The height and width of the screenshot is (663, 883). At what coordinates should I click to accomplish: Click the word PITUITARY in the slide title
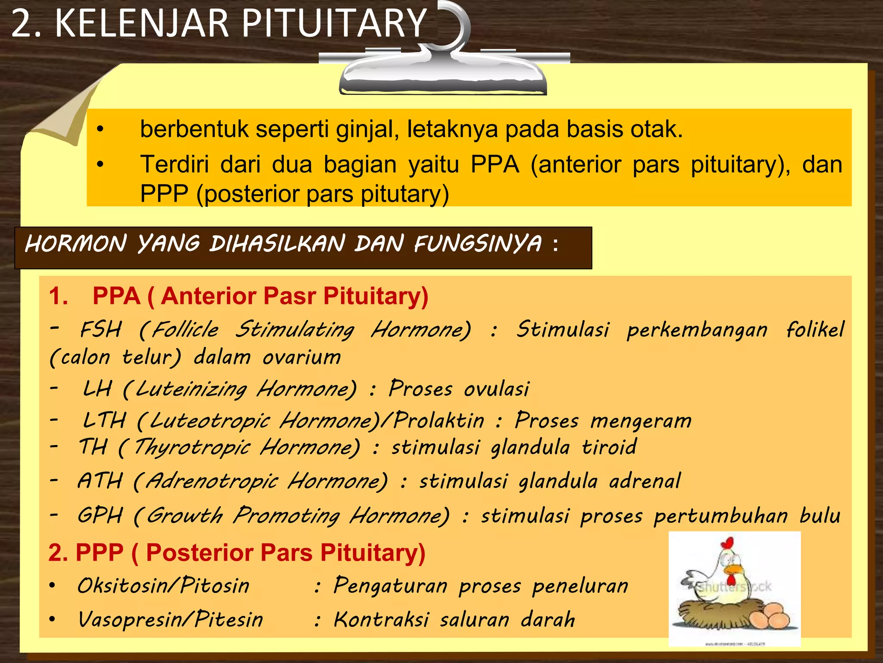click(x=334, y=24)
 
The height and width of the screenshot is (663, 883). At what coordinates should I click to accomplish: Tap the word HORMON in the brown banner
click(x=76, y=244)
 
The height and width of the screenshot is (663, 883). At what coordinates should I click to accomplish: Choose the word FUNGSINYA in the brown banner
click(x=478, y=244)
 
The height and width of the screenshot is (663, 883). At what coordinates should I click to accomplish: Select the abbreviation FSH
click(x=101, y=330)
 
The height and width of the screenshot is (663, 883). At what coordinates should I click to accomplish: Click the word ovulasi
click(x=497, y=388)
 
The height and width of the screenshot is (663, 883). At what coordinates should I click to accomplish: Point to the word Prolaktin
click(x=439, y=420)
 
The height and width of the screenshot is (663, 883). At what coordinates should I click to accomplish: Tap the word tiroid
click(x=609, y=447)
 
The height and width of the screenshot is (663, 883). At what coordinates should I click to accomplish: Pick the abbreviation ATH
click(x=100, y=481)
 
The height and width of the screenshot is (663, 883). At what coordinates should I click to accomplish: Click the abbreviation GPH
click(x=100, y=515)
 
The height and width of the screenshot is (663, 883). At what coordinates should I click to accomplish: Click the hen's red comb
click(x=727, y=543)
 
